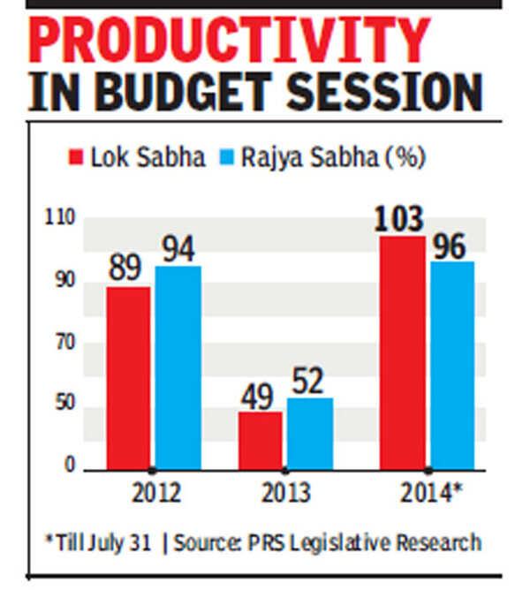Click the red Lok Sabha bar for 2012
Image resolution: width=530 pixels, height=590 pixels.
[x=128, y=377]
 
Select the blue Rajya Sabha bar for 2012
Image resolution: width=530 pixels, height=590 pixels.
[x=178, y=367]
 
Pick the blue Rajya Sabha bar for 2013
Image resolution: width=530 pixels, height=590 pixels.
[x=309, y=433]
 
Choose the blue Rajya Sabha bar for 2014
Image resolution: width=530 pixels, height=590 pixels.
[x=452, y=364]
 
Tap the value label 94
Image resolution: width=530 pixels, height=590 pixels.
[x=178, y=250]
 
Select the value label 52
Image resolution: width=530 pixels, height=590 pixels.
[x=309, y=382]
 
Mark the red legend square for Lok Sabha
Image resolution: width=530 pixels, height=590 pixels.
[x=77, y=158]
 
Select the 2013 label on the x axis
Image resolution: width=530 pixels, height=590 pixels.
[x=284, y=492]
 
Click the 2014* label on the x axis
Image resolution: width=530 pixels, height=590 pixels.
[x=431, y=492]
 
